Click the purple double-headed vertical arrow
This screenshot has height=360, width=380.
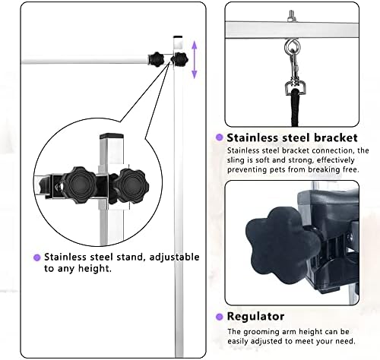pyautogui.click(x=195, y=60)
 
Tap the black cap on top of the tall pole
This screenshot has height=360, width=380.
pyautogui.click(x=178, y=36)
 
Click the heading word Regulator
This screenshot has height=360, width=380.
pyautogui.click(x=255, y=317)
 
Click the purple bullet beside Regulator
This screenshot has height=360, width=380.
pyautogui.click(x=219, y=317)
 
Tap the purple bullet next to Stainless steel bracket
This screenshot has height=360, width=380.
pyautogui.click(x=219, y=137)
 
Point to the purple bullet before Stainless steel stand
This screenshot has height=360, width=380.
pyautogui.click(x=37, y=257)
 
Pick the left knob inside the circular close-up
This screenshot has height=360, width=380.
pyautogui.click(x=79, y=185)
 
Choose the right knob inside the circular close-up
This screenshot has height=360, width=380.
pyautogui.click(x=131, y=186)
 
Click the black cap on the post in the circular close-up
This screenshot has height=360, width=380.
pyautogui.click(x=112, y=136)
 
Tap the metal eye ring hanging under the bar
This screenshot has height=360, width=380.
pyautogui.click(x=292, y=47)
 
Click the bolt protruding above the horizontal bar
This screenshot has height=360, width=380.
pyautogui.click(x=291, y=16)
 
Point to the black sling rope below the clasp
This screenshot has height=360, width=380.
pyautogui.click(x=295, y=108)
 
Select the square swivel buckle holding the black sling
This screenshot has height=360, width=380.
pyautogui.click(x=294, y=87)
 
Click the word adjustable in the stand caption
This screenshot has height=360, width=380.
pyautogui.click(x=174, y=257)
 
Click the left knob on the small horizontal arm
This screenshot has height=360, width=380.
pyautogui.click(x=156, y=59)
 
